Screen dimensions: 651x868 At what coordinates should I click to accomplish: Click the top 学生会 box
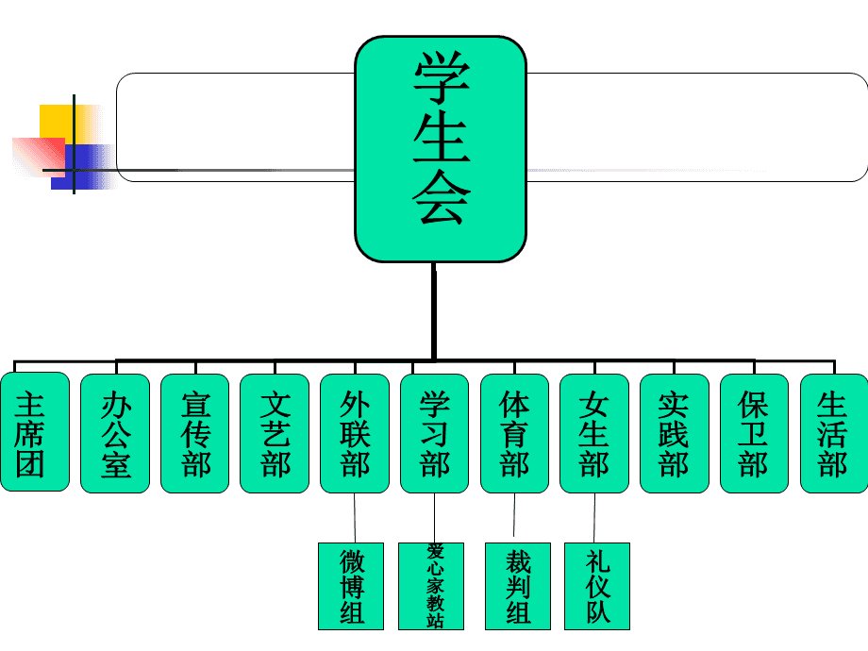pos(441,150)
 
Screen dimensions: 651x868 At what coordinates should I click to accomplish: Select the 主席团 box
pos(34,432)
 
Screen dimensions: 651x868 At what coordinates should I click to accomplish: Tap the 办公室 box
pos(115,433)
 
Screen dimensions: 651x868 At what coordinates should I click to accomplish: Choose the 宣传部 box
pos(195,433)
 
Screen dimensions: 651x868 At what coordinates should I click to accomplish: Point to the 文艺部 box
pos(275,433)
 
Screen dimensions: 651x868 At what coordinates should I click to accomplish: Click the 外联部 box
pos(355,433)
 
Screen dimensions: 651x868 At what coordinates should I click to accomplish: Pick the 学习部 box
pos(435,433)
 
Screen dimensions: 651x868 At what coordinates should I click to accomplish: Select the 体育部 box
pos(514,433)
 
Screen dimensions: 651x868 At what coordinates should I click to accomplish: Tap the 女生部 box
pos(594,433)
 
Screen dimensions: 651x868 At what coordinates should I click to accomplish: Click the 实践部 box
pos(675,433)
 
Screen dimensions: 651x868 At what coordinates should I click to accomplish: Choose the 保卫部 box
pos(754,433)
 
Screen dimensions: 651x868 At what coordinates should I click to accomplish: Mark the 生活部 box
pos(834,433)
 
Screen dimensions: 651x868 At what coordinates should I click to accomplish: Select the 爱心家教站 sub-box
pos(434,586)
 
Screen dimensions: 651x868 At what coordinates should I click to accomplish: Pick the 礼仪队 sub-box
pos(597,586)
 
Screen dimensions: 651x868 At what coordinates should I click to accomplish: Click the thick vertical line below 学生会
pos(434,311)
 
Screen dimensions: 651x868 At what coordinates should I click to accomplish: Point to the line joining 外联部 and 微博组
pos(355,517)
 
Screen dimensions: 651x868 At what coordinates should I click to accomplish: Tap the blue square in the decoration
pos(83,166)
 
